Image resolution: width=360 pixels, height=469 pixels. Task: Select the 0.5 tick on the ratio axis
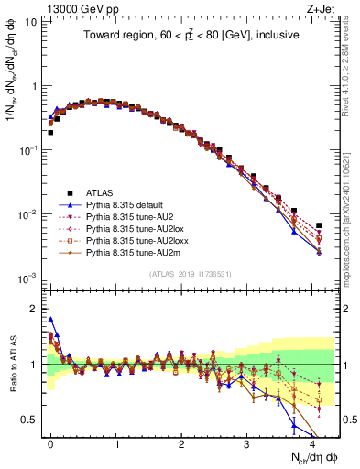(27, 420)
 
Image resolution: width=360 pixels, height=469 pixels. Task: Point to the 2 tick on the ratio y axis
(30, 309)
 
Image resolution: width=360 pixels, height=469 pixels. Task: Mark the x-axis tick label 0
(50, 442)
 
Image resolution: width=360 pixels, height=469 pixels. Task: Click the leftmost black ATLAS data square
(50, 132)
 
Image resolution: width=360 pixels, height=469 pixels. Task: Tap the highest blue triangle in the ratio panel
(50, 320)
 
